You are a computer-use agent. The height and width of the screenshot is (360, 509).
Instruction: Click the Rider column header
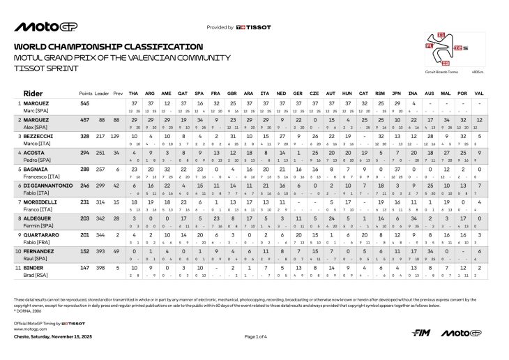(x=33, y=92)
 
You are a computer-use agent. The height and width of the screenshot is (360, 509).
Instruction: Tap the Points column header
(x=86, y=93)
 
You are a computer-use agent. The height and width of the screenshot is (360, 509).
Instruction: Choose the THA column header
(x=134, y=93)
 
